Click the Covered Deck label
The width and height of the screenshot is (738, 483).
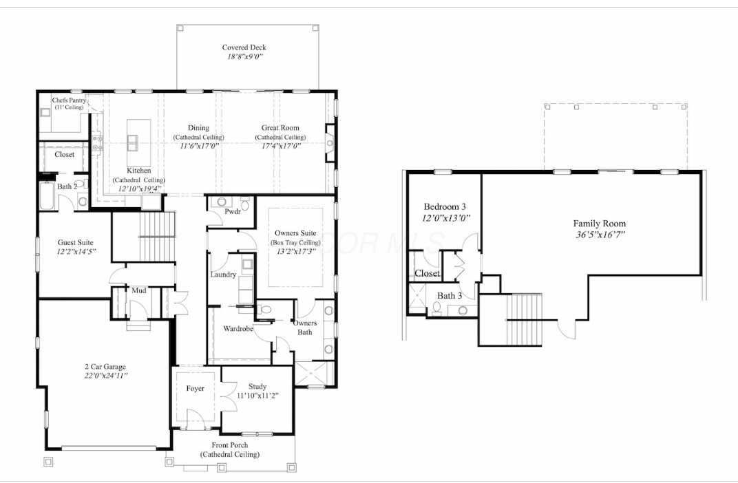pos(244,47)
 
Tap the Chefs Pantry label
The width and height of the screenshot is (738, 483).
pos(69,100)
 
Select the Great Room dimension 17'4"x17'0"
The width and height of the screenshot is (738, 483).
pos(280,145)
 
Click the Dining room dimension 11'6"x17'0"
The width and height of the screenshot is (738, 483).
pos(198,145)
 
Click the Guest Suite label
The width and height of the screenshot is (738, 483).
pos(75,242)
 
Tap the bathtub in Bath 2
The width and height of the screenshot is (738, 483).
pos(48,197)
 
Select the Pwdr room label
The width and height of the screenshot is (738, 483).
pos(232,212)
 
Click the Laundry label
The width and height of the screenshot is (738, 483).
pos(223,275)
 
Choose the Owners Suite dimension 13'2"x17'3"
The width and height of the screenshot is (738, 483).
pos(295,251)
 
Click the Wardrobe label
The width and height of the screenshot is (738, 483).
pos(238,329)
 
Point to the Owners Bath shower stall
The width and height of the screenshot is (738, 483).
pos(314,374)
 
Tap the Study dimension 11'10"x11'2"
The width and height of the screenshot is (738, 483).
pos(257,396)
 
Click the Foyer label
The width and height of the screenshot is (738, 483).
pos(196,388)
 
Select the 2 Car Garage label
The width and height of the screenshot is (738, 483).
pos(101,366)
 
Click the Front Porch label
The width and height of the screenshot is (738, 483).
pos(230,445)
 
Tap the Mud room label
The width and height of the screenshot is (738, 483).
pos(138,290)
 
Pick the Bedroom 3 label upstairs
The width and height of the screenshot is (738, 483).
pos(445,207)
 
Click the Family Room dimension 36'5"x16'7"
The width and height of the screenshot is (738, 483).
pos(600,234)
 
